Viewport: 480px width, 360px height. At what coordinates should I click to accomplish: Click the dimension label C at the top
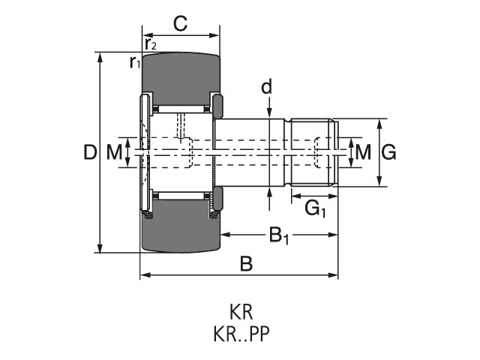(x=180, y=23)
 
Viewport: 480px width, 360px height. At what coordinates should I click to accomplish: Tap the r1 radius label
(x=134, y=62)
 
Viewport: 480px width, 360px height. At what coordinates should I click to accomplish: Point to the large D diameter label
(x=90, y=153)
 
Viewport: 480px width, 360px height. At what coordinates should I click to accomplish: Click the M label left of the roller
(x=114, y=153)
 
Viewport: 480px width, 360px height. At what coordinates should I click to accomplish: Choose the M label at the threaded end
(x=363, y=152)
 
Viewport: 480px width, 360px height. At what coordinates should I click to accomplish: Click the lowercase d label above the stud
(x=266, y=88)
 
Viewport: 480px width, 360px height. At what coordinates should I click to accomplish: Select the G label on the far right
(x=388, y=152)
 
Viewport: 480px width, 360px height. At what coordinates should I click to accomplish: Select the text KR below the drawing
(x=241, y=310)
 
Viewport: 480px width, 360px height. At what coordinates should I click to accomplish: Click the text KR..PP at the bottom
(x=241, y=331)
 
